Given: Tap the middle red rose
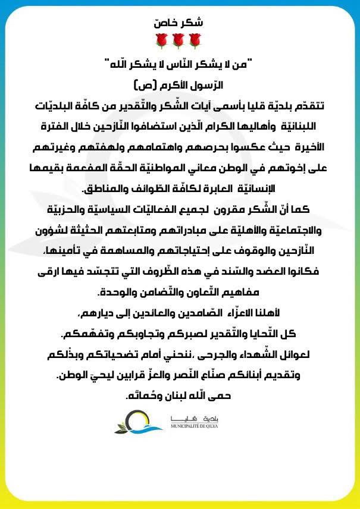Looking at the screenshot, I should [x=178, y=40].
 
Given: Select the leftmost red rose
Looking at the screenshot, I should [x=161, y=40].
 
